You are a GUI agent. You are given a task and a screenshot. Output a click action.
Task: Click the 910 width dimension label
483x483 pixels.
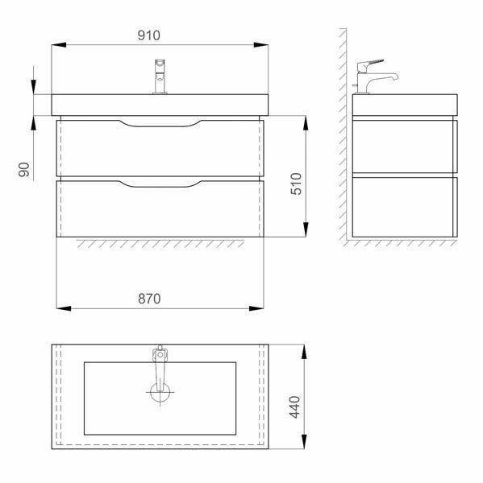tap(148, 35)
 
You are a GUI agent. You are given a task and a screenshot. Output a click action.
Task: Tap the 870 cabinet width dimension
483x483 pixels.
tap(149, 299)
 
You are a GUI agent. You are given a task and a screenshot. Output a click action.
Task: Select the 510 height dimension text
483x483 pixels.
tap(296, 184)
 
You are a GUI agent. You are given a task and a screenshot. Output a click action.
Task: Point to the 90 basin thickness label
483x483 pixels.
tap(23, 169)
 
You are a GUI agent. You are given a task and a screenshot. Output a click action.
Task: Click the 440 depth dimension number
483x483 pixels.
tap(295, 407)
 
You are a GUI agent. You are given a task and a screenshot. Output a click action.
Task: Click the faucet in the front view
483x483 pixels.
tap(160, 76)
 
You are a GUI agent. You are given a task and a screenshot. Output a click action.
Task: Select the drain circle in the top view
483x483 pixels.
tap(160, 393)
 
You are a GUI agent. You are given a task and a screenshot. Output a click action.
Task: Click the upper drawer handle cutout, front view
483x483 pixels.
tap(160, 123)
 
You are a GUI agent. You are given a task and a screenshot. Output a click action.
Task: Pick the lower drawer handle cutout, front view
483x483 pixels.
tap(160, 184)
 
